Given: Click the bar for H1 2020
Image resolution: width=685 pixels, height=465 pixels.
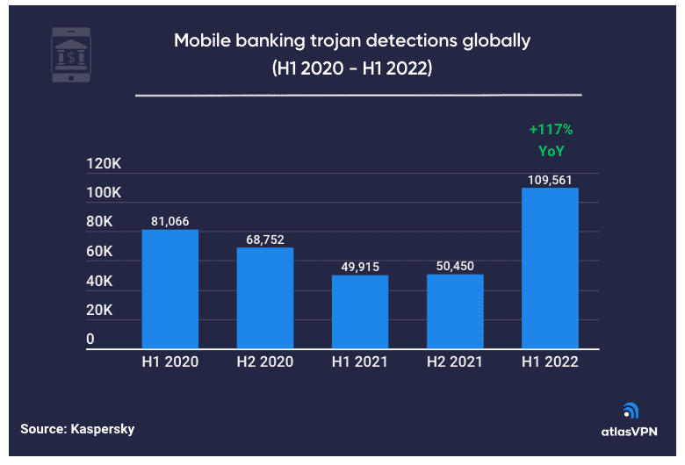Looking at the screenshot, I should pos(170,290).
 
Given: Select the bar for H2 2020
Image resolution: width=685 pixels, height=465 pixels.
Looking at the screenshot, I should pos(264,298).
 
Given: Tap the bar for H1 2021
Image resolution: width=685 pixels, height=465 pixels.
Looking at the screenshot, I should pos(359,312).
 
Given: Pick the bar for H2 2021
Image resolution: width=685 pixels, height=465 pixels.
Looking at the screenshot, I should pos(454,311).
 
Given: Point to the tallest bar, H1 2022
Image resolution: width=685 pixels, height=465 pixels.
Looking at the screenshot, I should pos(550,268).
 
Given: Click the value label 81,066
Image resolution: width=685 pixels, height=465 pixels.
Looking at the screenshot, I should pos(170,221).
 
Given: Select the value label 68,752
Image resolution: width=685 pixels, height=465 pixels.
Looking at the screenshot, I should pos(264,239).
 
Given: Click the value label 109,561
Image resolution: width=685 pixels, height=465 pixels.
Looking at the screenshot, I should pos(550,178).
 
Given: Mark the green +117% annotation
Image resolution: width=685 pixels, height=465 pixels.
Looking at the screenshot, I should pos(551,130).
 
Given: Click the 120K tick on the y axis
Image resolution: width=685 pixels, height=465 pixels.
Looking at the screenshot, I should pos(103,164).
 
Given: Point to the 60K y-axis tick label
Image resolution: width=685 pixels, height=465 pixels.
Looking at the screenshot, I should pos(100,252).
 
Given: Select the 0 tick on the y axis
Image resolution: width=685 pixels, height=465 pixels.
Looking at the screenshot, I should pos(90,340).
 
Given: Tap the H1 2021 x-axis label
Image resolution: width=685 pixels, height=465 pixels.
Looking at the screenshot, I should pos(359,361).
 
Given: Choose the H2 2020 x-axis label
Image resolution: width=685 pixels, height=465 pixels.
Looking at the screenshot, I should pos(264,361).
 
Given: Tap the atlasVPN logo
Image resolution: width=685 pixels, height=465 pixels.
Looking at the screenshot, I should pos(630,420).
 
